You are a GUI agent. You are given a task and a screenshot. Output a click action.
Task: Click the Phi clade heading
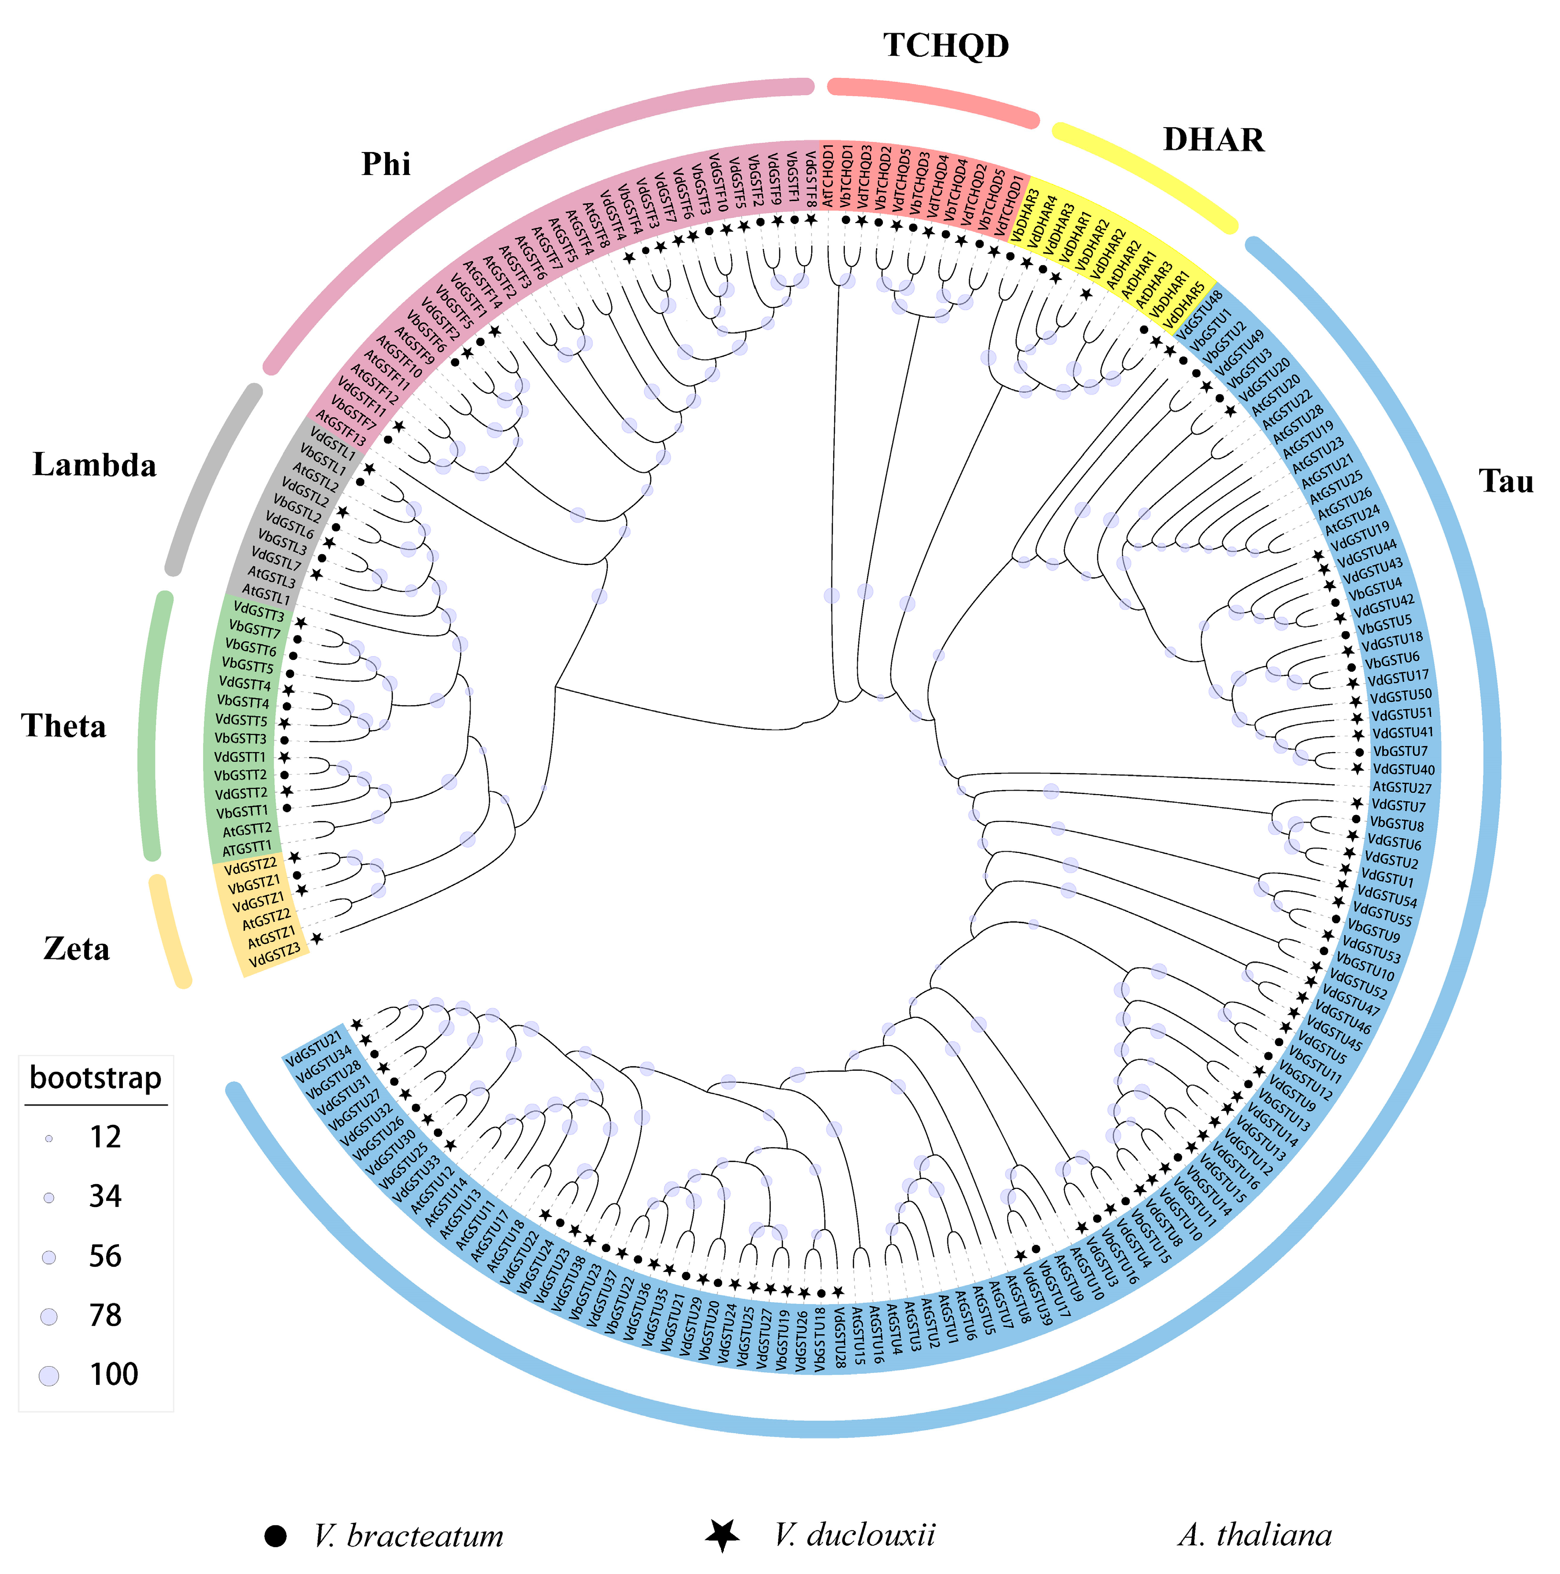(386, 164)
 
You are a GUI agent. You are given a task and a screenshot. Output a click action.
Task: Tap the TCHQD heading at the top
(946, 45)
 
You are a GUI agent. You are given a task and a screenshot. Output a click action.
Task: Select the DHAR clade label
(1213, 140)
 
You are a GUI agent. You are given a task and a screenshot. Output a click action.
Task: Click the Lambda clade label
(95, 465)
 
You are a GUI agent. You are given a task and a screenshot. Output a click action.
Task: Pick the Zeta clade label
(76, 949)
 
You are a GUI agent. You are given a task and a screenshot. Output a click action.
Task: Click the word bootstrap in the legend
(95, 1078)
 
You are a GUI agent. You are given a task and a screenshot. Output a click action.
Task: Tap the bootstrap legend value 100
(113, 1374)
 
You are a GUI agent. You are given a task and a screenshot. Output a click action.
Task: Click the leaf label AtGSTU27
(1402, 788)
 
